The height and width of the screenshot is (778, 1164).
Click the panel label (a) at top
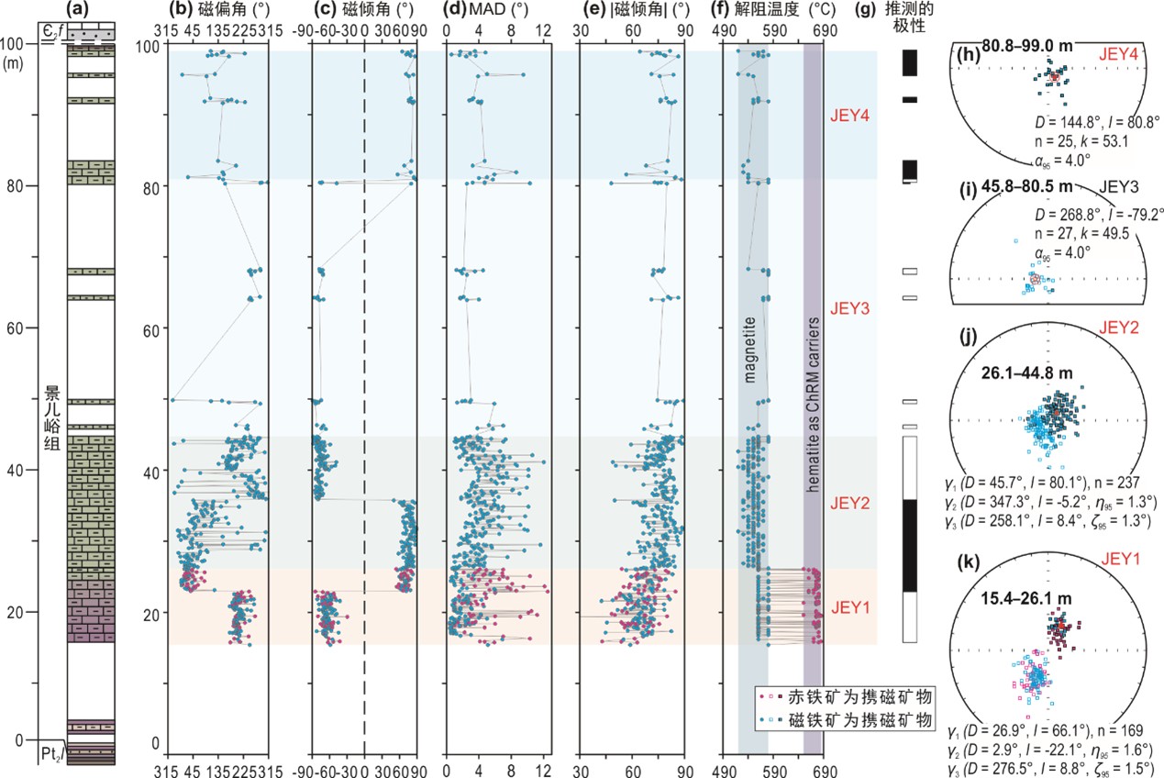(x=80, y=10)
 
